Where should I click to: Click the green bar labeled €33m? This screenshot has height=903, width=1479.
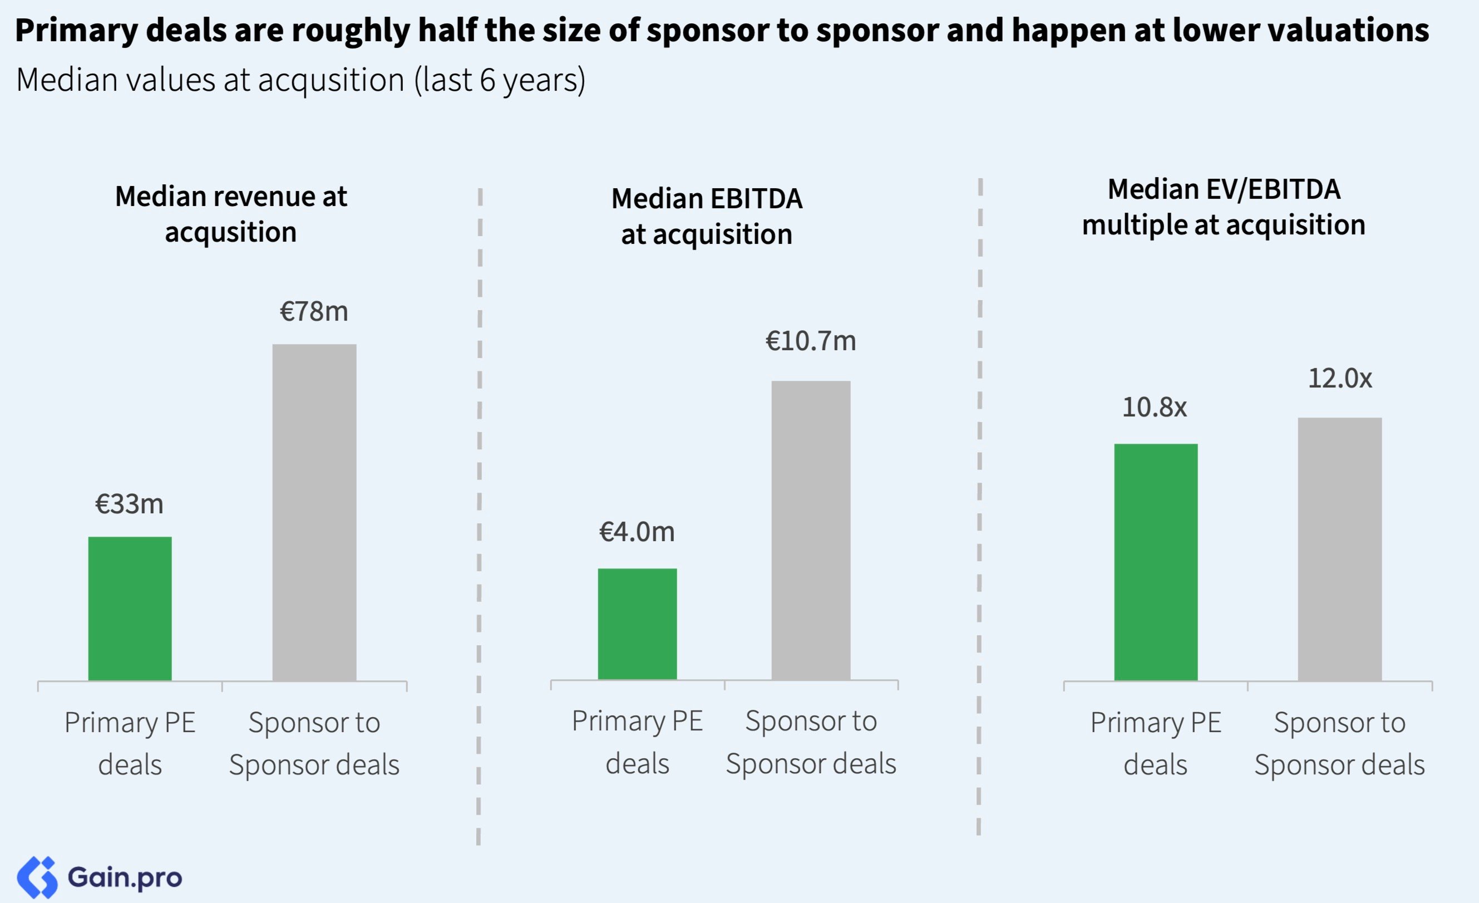(130, 607)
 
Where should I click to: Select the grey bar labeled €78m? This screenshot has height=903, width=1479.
(314, 512)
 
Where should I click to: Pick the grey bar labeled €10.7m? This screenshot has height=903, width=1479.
(810, 529)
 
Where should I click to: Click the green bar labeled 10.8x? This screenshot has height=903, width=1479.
(1156, 561)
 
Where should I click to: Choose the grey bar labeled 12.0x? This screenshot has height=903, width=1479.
(1339, 548)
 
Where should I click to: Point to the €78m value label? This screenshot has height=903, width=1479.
(314, 312)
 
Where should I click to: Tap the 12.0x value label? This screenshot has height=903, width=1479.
(1340, 378)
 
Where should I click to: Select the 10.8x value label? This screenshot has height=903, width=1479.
(1154, 408)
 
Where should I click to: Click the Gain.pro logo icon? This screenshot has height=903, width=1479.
(37, 877)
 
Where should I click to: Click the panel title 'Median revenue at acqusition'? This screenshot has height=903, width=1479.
(231, 214)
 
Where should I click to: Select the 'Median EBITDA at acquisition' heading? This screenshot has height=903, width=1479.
(707, 216)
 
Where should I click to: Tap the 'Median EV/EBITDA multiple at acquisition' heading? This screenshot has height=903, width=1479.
(1223, 207)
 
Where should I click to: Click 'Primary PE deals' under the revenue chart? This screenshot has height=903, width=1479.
(130, 743)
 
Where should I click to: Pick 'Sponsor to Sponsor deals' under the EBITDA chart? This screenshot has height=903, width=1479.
(810, 742)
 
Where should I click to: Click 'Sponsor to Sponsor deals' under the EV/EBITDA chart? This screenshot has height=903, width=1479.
(1339, 743)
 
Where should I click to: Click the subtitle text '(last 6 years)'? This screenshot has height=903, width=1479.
(500, 80)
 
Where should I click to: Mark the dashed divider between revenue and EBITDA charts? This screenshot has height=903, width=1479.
(479, 516)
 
